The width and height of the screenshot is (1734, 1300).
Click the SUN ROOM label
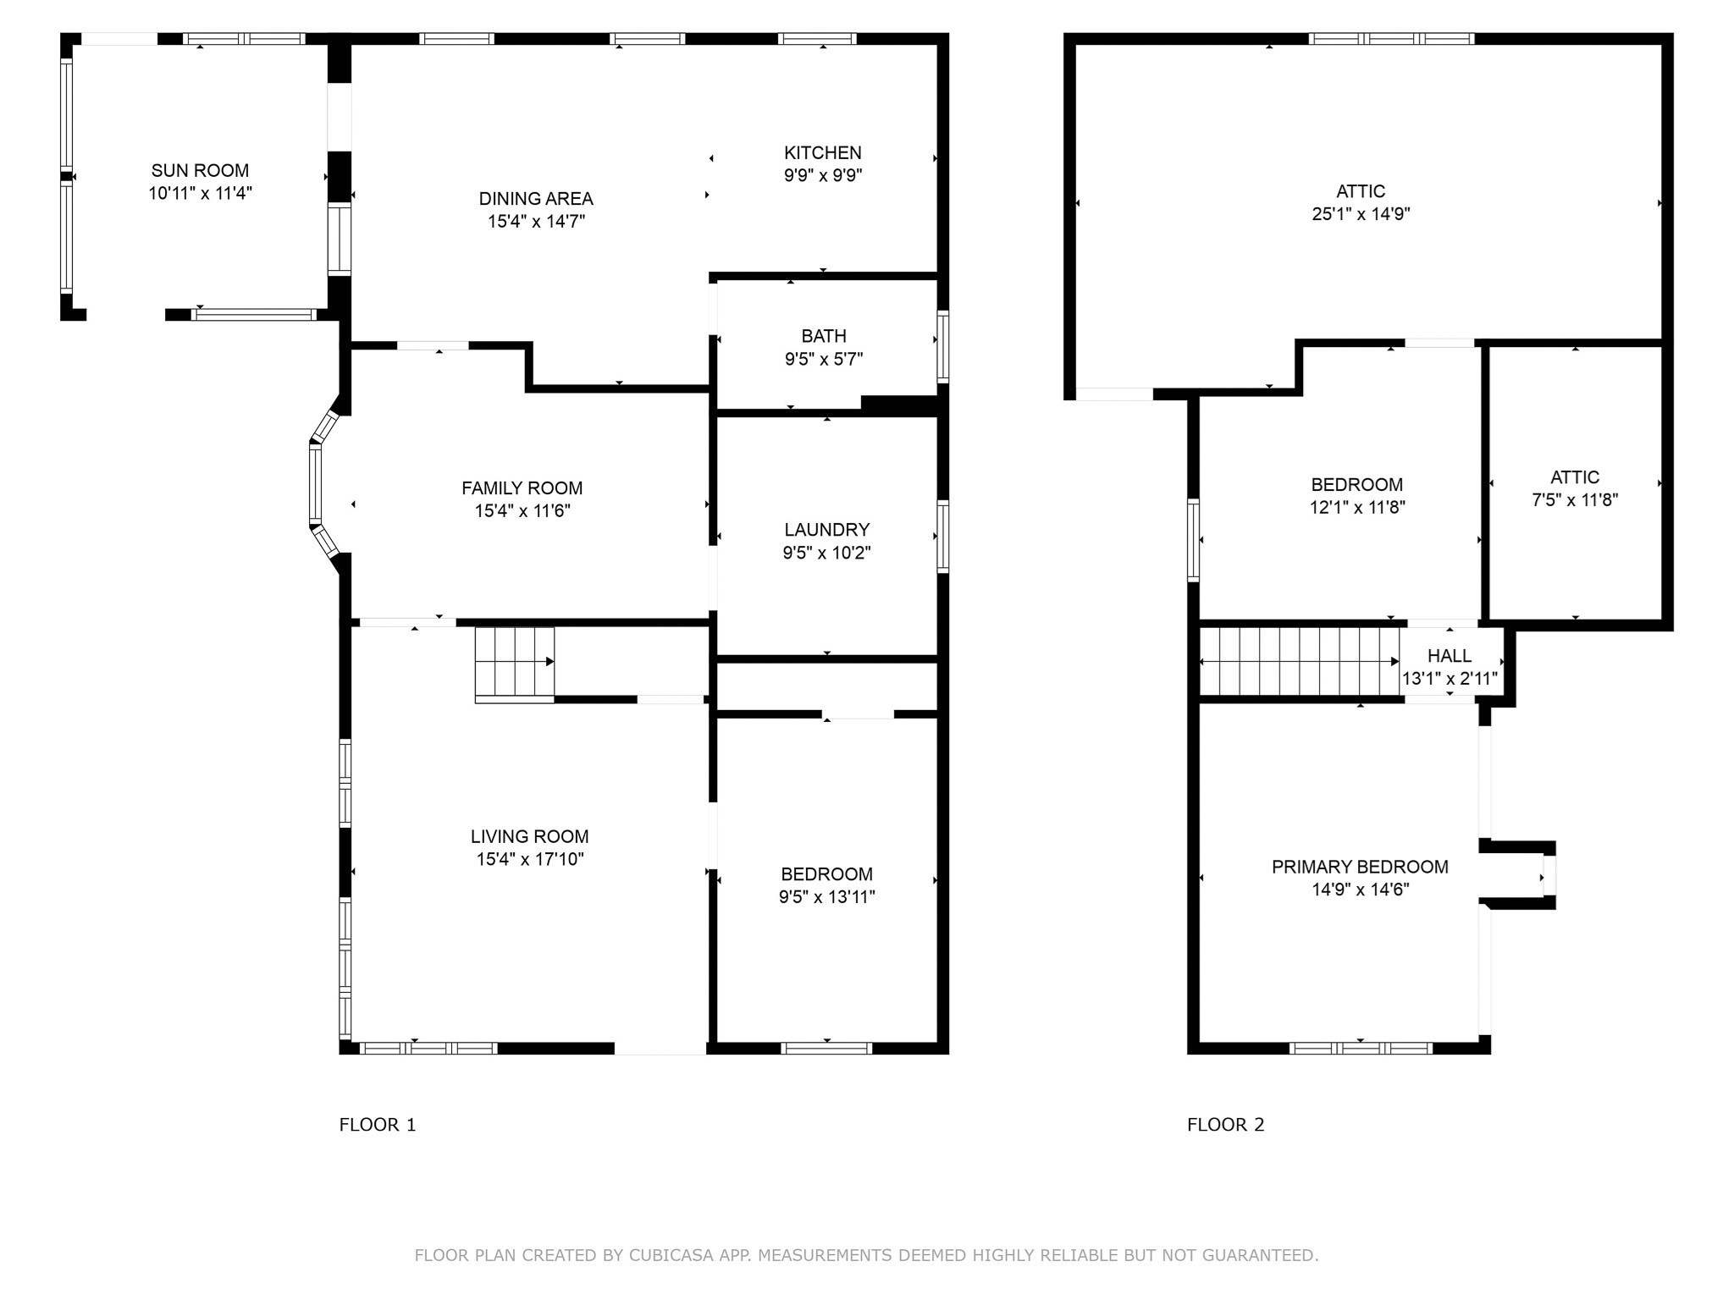[200, 170]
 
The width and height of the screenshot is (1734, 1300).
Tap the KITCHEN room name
[823, 152]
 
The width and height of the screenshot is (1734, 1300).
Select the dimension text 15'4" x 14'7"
[536, 221]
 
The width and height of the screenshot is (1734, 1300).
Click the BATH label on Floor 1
[824, 336]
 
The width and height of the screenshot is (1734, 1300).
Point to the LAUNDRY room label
[827, 530]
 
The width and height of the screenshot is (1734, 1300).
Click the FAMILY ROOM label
[522, 488]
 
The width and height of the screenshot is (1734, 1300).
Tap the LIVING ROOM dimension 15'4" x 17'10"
[530, 859]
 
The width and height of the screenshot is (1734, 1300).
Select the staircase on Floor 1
[514, 664]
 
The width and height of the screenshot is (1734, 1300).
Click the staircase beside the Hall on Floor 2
[1299, 661]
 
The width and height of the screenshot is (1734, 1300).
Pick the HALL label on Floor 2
[1450, 656]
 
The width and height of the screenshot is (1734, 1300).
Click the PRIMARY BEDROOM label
[1360, 867]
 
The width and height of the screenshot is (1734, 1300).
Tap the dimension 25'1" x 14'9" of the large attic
[1361, 214]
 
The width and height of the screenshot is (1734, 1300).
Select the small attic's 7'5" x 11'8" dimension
[1575, 499]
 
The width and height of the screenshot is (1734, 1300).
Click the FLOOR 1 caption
[378, 1125]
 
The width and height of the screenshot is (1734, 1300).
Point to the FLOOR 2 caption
[1225, 1125]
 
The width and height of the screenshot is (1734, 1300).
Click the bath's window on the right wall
[942, 346]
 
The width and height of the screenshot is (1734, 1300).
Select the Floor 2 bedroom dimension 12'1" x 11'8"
[1357, 507]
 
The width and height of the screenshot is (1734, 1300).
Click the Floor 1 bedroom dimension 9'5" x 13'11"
[827, 896]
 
